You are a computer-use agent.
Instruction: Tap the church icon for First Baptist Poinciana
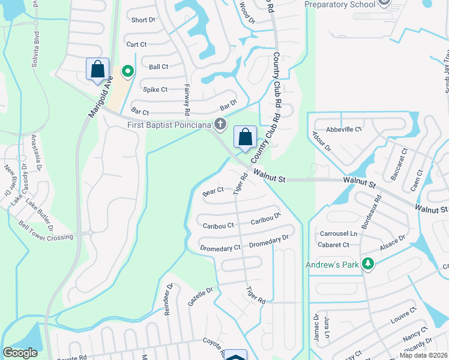tap(221, 124)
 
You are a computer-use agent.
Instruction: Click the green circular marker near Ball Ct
tap(127, 71)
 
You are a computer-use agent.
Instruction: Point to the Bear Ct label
tap(213, 191)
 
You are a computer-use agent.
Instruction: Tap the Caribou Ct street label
tap(218, 226)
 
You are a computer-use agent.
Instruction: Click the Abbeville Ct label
tap(344, 129)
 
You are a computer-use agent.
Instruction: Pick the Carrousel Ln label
tap(338, 233)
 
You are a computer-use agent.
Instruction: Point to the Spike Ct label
tap(155, 89)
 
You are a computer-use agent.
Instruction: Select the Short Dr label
tap(143, 20)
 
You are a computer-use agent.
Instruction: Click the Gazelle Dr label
tap(200, 296)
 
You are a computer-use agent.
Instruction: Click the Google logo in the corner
tap(20, 353)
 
